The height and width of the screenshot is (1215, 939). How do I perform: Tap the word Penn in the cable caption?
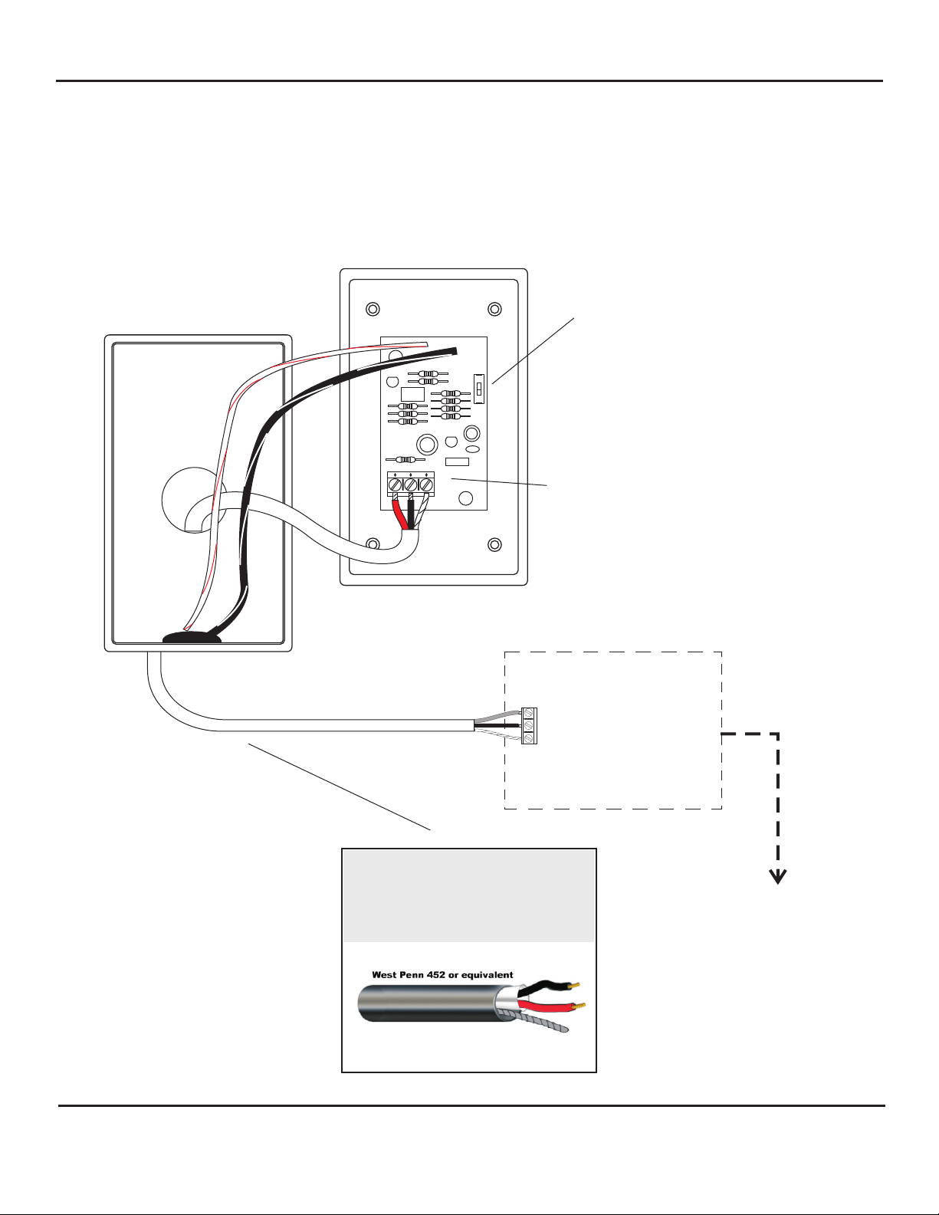(406, 975)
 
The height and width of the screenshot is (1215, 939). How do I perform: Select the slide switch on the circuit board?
(479, 388)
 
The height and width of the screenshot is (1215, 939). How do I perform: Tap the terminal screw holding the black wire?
(410, 485)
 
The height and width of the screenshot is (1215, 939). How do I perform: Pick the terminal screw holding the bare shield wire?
(426, 485)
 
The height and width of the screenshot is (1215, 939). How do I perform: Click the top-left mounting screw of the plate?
(373, 310)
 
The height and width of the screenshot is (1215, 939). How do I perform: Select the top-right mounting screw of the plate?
(495, 310)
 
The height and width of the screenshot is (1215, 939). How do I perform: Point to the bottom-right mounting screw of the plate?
(495, 545)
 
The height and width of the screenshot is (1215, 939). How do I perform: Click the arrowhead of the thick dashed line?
(779, 878)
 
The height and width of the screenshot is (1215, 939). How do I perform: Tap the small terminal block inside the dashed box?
(529, 725)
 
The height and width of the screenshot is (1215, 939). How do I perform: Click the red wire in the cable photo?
(546, 1004)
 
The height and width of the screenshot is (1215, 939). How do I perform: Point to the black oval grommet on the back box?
(192, 638)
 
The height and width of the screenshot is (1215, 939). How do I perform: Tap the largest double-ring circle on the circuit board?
(427, 444)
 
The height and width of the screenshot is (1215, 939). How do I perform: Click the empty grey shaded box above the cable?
(468, 895)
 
